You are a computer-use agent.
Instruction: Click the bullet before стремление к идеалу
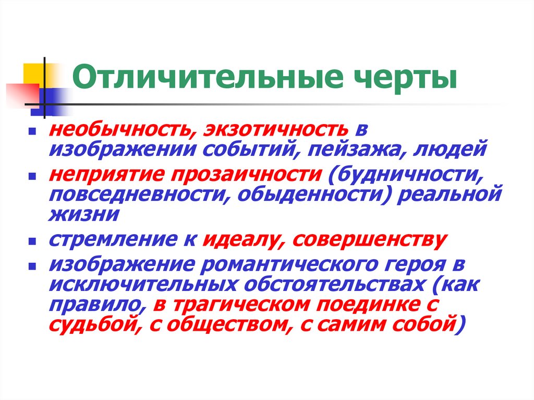pos(32,242)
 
